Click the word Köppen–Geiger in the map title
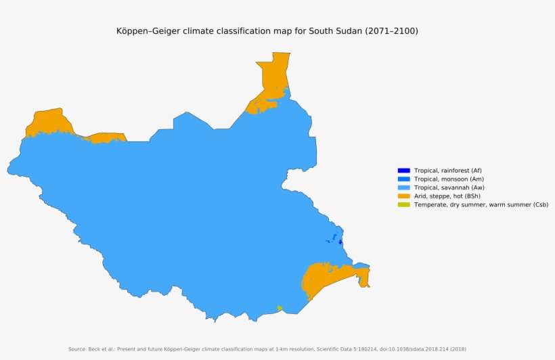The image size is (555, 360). pyautogui.click(x=149, y=31)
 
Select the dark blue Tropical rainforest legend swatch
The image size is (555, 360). pyautogui.click(x=403, y=170)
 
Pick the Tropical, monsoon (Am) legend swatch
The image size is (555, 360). pyautogui.click(x=403, y=179)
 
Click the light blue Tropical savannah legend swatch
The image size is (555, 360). pyautogui.click(x=403, y=187)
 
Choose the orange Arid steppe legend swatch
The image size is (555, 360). pyautogui.click(x=403, y=196)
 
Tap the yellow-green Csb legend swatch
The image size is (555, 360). pyautogui.click(x=403, y=204)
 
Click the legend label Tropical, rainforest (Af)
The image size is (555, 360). pyautogui.click(x=447, y=170)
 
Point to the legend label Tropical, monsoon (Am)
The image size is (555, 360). pyautogui.click(x=449, y=179)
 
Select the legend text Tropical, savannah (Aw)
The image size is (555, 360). pyautogui.click(x=449, y=187)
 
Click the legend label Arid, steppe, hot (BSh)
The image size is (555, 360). pyautogui.click(x=447, y=196)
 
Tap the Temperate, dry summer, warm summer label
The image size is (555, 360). pyautogui.click(x=481, y=204)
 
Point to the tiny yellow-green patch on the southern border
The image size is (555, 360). pyautogui.click(x=279, y=309)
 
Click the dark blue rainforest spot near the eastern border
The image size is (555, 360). pyautogui.click(x=340, y=242)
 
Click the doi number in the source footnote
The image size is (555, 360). pyautogui.click(x=393, y=349)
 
